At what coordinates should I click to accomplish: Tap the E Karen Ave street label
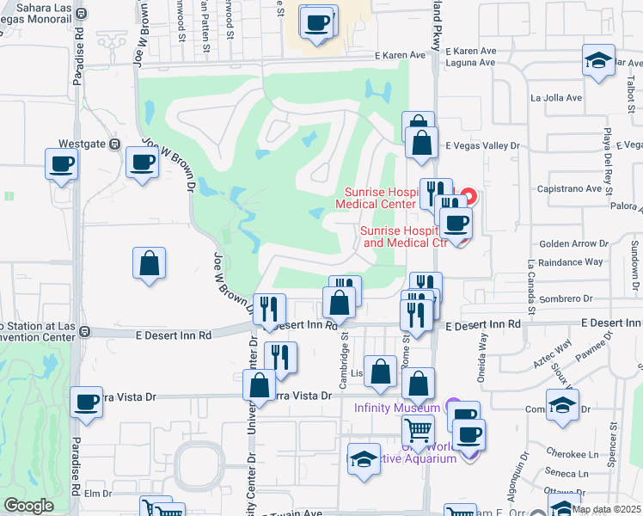tap(400, 55)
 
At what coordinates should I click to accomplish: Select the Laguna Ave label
tap(471, 63)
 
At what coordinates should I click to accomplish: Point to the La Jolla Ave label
tap(556, 98)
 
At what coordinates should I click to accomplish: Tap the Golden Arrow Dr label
tap(573, 244)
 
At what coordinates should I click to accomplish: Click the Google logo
tap(28, 506)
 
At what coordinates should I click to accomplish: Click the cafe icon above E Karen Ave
tap(317, 23)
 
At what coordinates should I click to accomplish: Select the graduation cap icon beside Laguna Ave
tap(597, 62)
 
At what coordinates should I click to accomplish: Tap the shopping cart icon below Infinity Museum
tap(418, 430)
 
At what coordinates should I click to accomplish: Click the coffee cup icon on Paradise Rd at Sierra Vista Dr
tap(86, 402)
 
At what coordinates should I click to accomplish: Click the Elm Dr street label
tap(98, 494)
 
